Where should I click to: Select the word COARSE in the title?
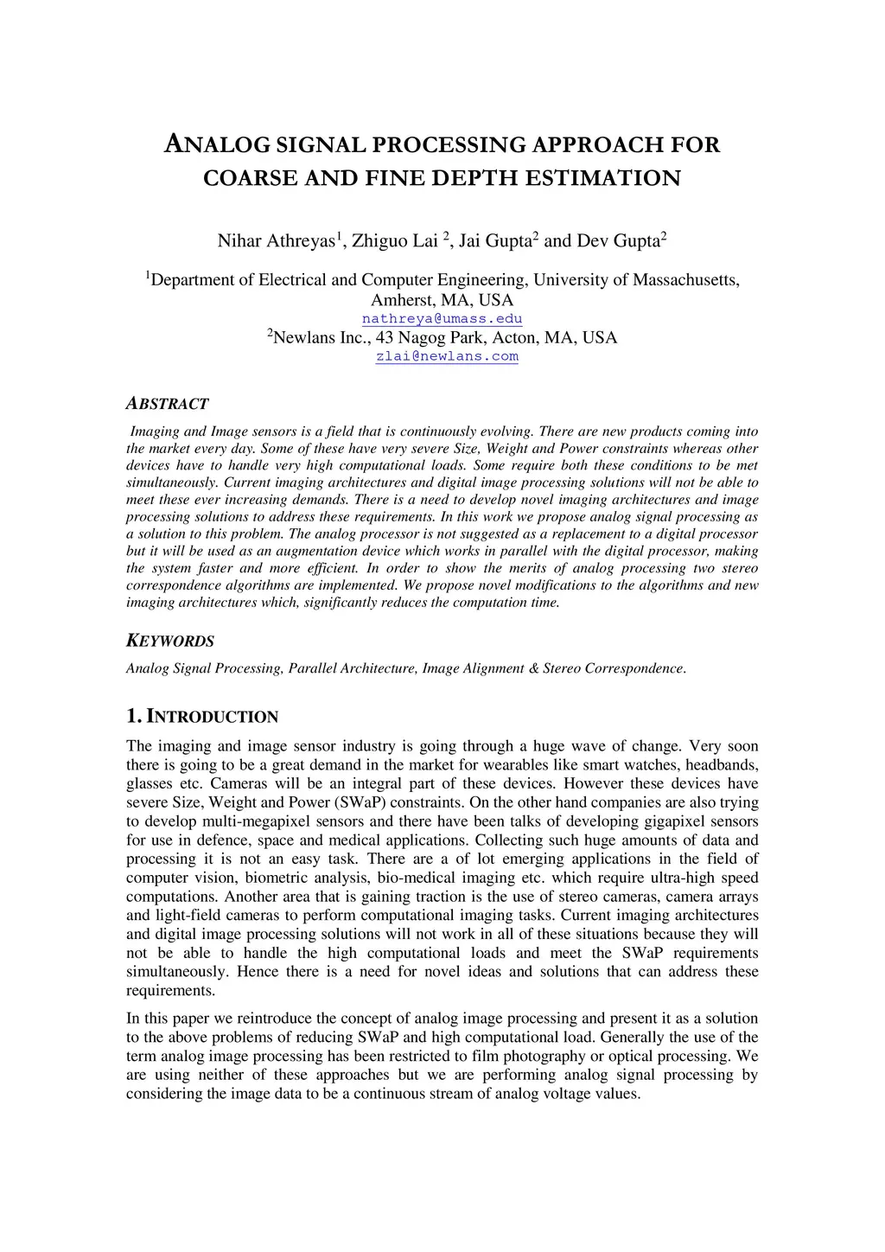(x=244, y=179)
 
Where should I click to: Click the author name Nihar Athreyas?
(x=276, y=241)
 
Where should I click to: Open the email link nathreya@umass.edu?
(x=442, y=319)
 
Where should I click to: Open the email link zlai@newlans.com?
(x=447, y=356)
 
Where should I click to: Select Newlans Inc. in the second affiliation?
(x=322, y=338)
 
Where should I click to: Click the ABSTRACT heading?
(x=168, y=404)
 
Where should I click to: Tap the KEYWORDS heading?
(x=170, y=642)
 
